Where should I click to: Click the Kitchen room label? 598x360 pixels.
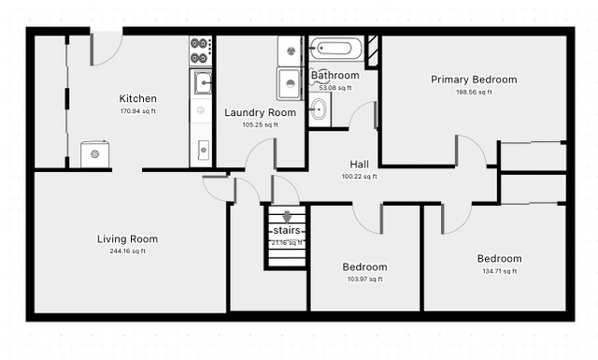tap(137, 98)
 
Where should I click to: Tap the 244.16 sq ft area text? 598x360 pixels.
tap(128, 252)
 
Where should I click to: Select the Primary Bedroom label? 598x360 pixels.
tap(474, 79)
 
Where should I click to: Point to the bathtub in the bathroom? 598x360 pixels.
tap(335, 48)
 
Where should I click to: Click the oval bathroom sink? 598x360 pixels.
tap(319, 110)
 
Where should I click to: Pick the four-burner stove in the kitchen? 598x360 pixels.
tap(201, 50)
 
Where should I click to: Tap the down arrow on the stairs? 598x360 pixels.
tap(287, 217)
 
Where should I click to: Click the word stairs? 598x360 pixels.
tap(287, 231)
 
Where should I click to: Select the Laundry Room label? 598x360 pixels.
tap(260, 112)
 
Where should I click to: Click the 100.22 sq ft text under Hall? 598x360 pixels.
tap(359, 177)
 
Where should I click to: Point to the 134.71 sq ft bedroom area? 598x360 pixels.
tap(500, 271)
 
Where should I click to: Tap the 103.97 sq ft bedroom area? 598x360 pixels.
tap(365, 279)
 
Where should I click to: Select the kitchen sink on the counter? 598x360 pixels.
tap(202, 83)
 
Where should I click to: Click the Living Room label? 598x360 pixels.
tap(127, 239)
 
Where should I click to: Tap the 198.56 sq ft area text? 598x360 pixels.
tap(474, 92)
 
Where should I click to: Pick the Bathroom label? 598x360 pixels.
tap(335, 75)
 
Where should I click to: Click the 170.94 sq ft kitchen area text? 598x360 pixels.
tap(138, 111)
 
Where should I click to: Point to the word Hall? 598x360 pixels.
tap(359, 165)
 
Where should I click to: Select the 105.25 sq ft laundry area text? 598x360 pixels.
tap(260, 125)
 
